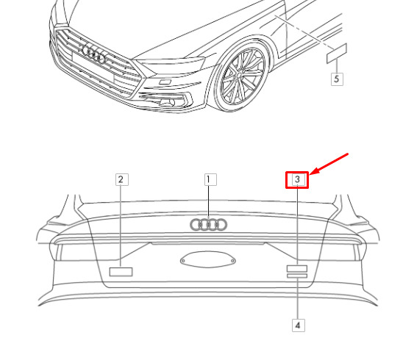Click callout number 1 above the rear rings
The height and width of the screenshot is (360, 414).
click(210, 179)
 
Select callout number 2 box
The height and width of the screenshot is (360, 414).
click(122, 179)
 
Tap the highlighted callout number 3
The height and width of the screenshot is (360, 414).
click(297, 180)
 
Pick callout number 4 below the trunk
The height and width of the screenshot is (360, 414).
click(299, 325)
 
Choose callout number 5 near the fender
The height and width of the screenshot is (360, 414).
click(337, 79)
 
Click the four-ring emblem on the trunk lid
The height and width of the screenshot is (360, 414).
click(209, 225)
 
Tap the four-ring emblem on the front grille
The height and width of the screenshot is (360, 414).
click(93, 54)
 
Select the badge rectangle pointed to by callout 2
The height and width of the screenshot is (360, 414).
click(121, 272)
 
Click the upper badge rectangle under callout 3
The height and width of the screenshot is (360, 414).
click(297, 268)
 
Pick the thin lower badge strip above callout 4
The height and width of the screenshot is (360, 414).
click(297, 276)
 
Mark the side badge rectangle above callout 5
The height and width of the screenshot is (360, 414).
click(337, 54)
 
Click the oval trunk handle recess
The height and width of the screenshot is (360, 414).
click(208, 259)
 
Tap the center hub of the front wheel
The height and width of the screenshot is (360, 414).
click(239, 76)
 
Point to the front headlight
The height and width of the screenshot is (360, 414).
click(171, 64)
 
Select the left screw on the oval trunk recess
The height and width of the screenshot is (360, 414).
click(183, 261)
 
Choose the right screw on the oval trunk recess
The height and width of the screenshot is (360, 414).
click(232, 261)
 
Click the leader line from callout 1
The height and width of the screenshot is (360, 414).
click(209, 202)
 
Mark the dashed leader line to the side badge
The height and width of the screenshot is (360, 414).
click(304, 32)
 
